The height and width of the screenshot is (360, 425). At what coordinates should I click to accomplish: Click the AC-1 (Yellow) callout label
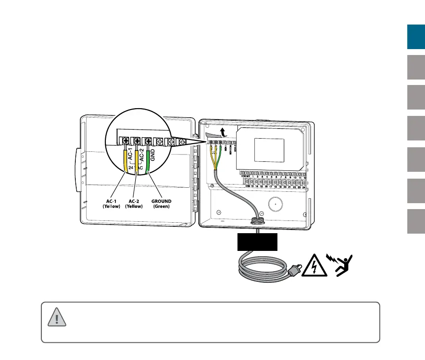[111, 203]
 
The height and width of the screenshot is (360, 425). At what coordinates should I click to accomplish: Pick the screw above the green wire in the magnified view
[148, 140]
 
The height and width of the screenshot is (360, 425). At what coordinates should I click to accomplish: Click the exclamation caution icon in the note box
[57, 316]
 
